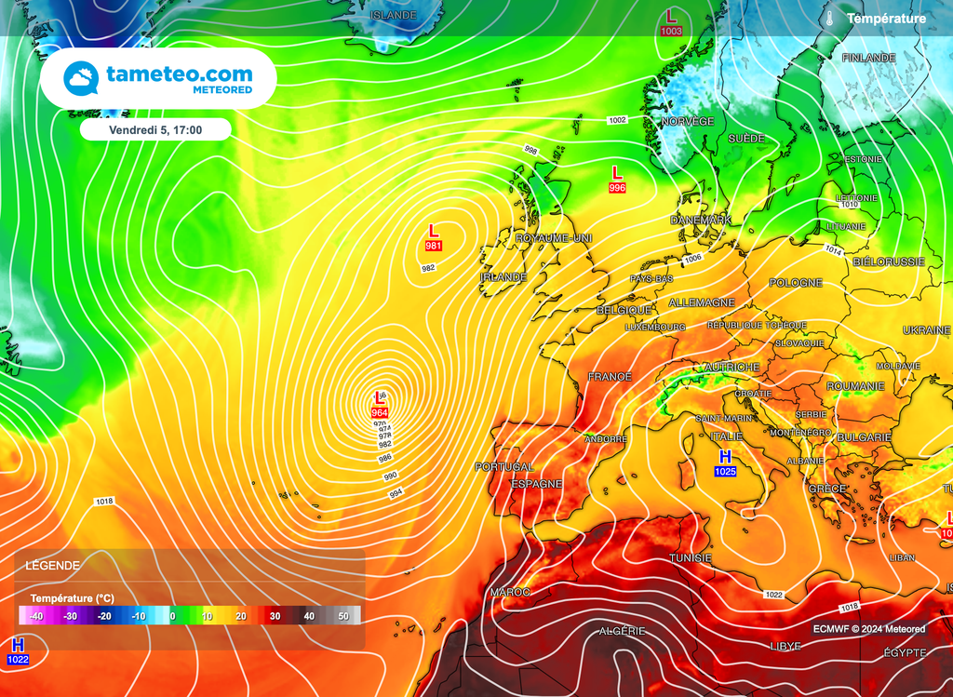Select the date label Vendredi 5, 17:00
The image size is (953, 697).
(x=155, y=130)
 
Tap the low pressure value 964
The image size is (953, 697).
(x=380, y=412)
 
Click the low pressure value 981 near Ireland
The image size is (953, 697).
(x=433, y=246)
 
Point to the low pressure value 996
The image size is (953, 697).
(x=616, y=188)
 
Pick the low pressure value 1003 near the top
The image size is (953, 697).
(x=671, y=31)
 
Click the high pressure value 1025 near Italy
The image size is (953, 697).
(x=725, y=472)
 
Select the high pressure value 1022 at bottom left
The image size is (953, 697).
(x=18, y=660)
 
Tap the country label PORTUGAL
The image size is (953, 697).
(x=503, y=467)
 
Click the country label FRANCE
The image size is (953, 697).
(x=610, y=377)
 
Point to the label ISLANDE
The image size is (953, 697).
(x=393, y=16)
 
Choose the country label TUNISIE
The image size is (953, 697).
(x=691, y=557)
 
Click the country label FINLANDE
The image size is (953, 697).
(x=867, y=58)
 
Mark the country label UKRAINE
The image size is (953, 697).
(x=927, y=331)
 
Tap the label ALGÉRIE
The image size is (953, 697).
(x=622, y=631)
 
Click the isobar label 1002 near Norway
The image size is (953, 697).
(x=617, y=120)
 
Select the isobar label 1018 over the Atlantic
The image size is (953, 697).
(x=104, y=502)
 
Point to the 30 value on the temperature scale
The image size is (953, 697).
(x=275, y=616)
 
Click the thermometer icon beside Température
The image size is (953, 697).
(x=828, y=19)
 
